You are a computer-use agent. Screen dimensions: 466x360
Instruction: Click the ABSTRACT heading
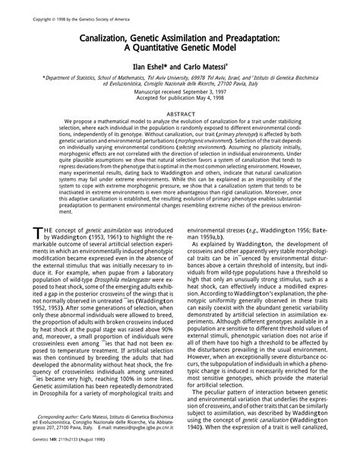[x=180, y=113]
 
